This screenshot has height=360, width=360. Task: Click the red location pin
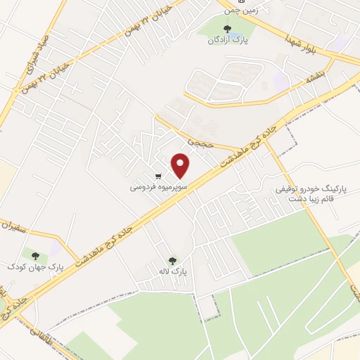(x=181, y=166)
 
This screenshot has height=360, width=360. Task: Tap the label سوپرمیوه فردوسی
(x=155, y=188)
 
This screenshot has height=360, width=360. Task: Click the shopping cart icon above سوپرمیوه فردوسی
(x=160, y=176)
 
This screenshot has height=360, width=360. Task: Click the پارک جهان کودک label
(x=31, y=267)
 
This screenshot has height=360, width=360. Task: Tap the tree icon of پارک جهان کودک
(x=35, y=256)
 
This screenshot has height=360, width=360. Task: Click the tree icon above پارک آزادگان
(x=226, y=29)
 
